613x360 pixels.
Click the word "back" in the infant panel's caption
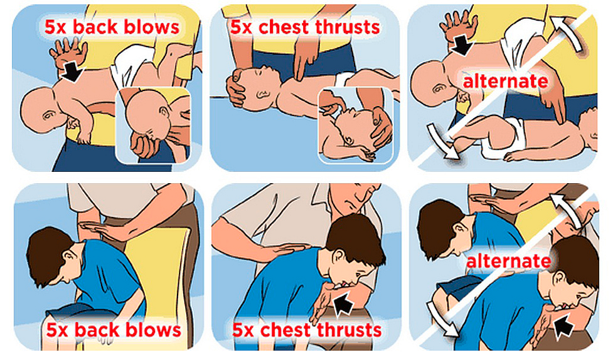coord(95,28)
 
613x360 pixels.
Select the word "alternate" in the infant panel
coord(506,81)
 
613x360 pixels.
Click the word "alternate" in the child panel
coord(509,261)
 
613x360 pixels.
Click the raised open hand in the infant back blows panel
coord(68,53)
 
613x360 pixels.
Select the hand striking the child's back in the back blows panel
coord(102,230)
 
